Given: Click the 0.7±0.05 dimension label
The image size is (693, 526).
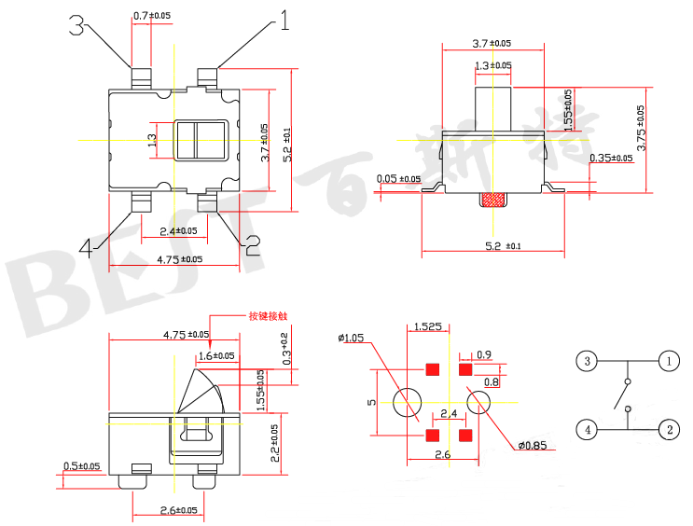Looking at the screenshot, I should [x=154, y=16].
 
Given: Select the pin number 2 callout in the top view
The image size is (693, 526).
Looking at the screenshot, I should [x=251, y=245].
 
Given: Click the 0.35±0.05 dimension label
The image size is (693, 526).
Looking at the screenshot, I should [x=611, y=159].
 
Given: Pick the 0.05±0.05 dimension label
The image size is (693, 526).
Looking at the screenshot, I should [x=398, y=179].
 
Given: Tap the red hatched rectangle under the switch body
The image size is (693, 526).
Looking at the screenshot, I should [x=493, y=200].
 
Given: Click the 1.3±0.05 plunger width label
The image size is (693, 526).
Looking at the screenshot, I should [x=492, y=65].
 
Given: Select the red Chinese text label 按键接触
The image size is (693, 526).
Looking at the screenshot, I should [x=265, y=315].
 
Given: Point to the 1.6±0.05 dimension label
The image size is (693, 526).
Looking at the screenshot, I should [x=216, y=355].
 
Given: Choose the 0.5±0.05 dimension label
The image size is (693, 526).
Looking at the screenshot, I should [x=84, y=465].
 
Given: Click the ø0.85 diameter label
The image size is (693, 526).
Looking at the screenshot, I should [x=533, y=445].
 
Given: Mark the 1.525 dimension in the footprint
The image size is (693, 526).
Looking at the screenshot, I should [x=427, y=326].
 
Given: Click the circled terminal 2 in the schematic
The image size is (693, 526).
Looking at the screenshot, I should [x=668, y=430].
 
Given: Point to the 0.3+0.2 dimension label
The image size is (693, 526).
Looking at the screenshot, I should [x=285, y=346].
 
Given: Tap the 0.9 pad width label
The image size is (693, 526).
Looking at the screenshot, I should [x=484, y=355].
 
